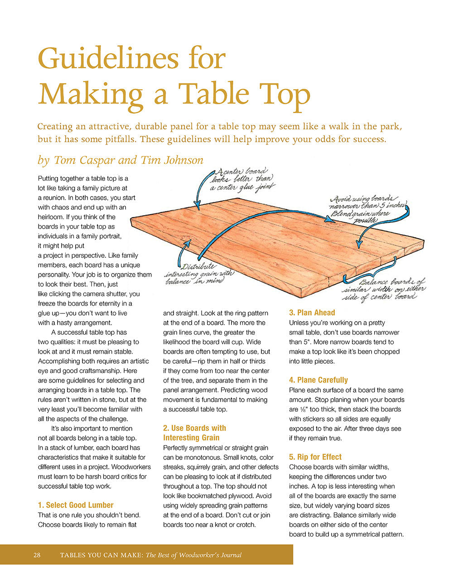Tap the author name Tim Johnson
[x=172, y=160]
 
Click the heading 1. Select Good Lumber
[x=76, y=505]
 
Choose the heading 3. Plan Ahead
[x=312, y=312]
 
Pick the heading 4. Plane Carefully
[x=318, y=380]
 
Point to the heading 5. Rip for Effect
[x=315, y=457]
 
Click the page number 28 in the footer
[x=37, y=555]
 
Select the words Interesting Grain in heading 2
[x=191, y=437]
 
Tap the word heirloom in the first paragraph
[x=51, y=217]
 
